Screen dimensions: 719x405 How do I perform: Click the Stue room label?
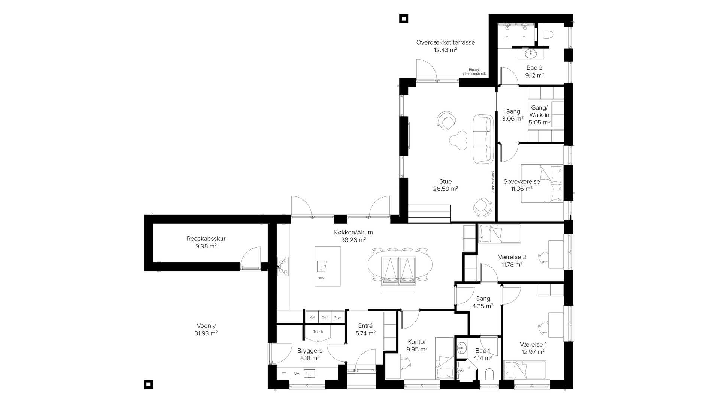click(445, 181)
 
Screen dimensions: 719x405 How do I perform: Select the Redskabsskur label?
click(206, 238)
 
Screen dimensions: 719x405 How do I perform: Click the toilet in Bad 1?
click(489, 374)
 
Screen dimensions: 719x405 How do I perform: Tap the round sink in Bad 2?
click(530, 54)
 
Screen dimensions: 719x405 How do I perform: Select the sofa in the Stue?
click(483, 139)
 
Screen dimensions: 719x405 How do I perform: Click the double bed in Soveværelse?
click(542, 184)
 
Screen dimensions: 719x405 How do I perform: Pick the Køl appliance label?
click(312, 317)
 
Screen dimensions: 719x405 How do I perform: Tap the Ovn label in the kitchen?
click(325, 317)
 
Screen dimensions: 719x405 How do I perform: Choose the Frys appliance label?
click(337, 317)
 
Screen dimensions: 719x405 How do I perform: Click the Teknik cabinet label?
click(318, 331)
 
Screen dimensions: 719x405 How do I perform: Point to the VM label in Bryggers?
click(297, 374)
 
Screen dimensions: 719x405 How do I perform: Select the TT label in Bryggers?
click(284, 374)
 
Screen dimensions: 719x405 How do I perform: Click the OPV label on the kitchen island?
click(321, 278)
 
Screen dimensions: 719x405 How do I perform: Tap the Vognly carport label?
click(206, 326)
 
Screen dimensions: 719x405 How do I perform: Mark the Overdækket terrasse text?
click(446, 42)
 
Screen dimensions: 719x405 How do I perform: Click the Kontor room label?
click(417, 342)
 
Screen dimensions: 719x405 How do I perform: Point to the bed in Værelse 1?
click(525, 370)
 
